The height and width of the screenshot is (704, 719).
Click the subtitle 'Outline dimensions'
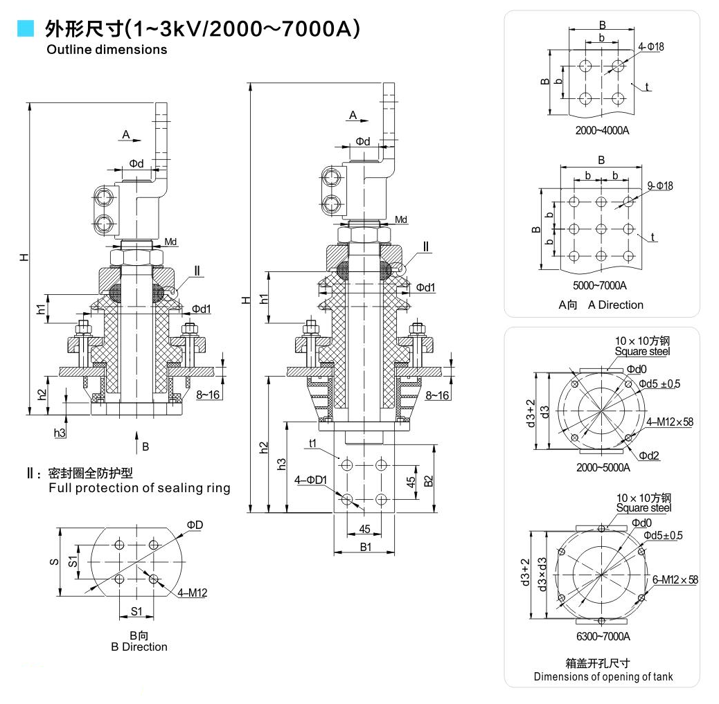[107, 50]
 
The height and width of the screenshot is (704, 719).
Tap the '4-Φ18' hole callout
[651, 46]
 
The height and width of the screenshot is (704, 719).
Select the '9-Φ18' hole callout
[659, 186]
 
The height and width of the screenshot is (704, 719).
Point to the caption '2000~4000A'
[602, 130]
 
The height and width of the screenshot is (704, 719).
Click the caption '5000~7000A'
[601, 285]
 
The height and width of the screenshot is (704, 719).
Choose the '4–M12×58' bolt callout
[670, 422]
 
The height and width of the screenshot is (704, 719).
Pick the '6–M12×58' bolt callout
[675, 579]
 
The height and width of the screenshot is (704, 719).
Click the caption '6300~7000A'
[603, 636]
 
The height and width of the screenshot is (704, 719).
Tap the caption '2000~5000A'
[603, 467]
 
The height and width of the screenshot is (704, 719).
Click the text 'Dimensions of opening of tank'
[603, 676]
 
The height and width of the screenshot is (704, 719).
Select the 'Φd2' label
[649, 455]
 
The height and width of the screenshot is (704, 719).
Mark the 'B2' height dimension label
[429, 480]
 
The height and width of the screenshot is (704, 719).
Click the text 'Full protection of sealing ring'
[139, 488]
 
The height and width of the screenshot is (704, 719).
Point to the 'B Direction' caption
[139, 647]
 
